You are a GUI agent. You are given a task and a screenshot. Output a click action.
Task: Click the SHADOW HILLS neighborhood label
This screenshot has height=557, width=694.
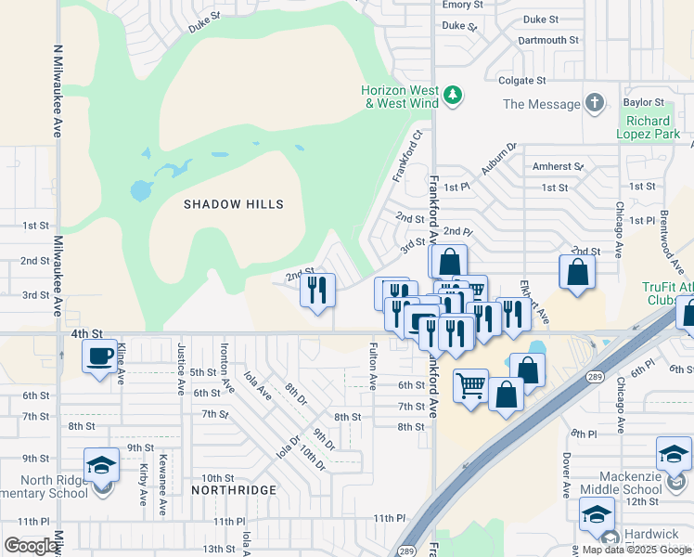click(x=233, y=204)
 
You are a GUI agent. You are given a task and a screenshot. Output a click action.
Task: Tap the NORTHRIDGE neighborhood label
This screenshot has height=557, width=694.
click(x=234, y=489)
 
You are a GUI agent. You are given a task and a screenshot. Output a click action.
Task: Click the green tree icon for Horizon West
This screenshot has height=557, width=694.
click(x=453, y=96)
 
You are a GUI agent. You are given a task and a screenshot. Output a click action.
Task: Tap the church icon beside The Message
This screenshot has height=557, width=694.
click(x=595, y=104)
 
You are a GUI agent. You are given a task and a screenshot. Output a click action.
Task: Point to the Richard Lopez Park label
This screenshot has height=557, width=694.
click(x=647, y=127)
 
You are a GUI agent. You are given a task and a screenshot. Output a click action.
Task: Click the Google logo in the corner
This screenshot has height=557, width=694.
click(x=31, y=546)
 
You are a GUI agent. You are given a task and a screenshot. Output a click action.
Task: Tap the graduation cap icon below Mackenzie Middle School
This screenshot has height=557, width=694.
click(x=598, y=514)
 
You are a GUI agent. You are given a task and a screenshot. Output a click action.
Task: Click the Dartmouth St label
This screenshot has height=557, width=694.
click(x=547, y=41)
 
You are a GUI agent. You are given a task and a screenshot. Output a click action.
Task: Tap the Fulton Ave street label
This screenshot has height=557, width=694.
click(x=373, y=368)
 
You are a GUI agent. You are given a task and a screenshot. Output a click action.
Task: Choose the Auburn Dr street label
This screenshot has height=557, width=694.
click(x=498, y=159)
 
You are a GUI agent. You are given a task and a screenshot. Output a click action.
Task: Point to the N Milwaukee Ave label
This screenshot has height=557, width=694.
click(x=57, y=92)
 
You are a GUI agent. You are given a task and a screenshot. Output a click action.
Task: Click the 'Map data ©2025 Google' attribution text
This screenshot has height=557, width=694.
click(x=636, y=549)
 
